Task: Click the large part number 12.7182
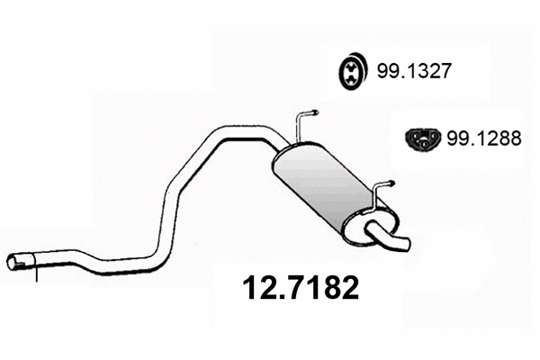coord(302,288)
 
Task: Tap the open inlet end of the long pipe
coord(13,262)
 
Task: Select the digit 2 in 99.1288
coord(481,138)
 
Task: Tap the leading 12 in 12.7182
coord(258,288)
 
